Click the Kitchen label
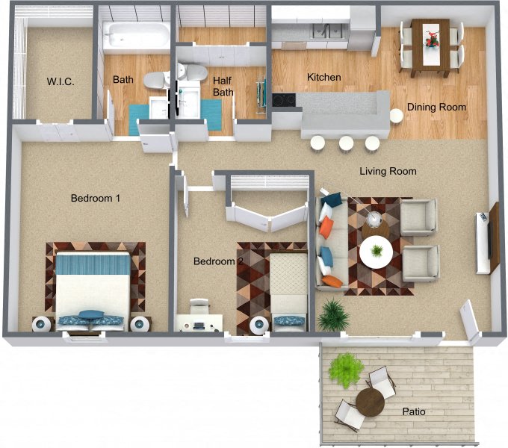coord(324,77)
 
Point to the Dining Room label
coord(436,107)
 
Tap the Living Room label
coord(388,171)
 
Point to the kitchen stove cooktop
coord(284,99)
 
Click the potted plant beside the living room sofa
coord(333,315)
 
